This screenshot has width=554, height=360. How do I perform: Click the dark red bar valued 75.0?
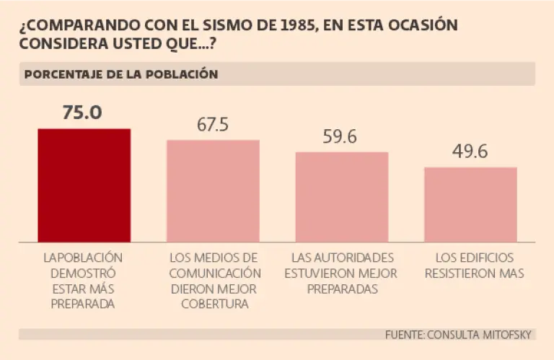coord(84,185)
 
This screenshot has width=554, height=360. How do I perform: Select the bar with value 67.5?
coord(213,191)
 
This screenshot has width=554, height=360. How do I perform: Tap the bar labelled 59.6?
coord(342,197)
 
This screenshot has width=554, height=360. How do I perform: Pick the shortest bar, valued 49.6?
coord(470,205)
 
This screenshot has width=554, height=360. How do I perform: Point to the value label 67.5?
coord(213,124)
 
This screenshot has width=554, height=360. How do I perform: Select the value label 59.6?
coord(341,136)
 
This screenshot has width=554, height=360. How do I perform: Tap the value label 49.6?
coord(470,152)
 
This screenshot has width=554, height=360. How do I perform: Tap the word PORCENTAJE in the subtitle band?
coord(63,74)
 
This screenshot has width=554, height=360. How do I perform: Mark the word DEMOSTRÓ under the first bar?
coord(83,273)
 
